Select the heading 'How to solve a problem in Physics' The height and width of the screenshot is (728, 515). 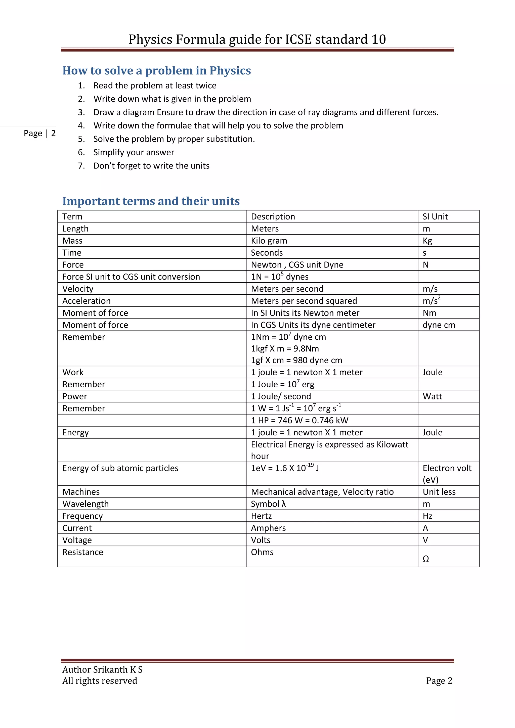(x=156, y=70)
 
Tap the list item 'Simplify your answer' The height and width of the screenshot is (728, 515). (x=134, y=153)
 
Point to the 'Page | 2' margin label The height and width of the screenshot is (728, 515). (x=40, y=133)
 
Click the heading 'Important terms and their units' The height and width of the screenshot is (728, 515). (x=151, y=201)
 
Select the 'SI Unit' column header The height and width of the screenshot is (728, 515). (x=435, y=216)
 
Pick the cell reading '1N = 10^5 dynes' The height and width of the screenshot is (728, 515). (x=279, y=277)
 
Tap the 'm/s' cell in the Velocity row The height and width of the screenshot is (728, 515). (x=430, y=289)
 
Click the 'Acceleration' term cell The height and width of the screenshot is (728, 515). (x=87, y=301)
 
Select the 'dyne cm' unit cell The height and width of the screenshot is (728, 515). (x=439, y=325)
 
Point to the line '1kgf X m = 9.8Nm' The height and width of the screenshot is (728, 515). (x=285, y=349)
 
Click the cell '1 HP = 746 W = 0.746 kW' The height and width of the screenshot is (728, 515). (x=299, y=421)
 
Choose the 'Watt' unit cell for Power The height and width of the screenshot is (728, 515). (x=432, y=396)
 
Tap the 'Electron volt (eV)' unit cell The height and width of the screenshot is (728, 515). (x=447, y=474)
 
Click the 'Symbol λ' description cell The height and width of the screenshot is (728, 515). (x=268, y=504)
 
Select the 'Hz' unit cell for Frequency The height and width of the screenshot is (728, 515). (x=427, y=516)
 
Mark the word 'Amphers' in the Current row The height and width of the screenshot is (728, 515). (x=268, y=528)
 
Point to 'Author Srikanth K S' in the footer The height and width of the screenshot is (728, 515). (x=102, y=669)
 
